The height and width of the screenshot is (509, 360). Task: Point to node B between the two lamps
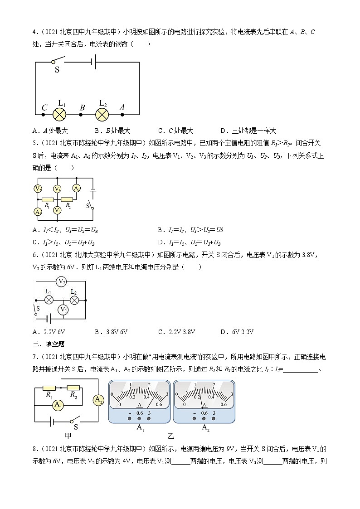click(x=81, y=115)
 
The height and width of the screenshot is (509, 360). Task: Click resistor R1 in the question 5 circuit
click(x=48, y=199)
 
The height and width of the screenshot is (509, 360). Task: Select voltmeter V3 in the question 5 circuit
click(x=57, y=210)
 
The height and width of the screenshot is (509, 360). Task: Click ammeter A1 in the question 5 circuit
click(x=38, y=212)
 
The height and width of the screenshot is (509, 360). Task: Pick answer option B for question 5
click(x=190, y=230)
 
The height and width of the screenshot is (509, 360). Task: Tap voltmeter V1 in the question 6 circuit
click(x=64, y=310)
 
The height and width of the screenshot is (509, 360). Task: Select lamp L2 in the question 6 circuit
click(x=74, y=299)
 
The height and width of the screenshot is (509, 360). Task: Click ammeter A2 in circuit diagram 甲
click(x=98, y=399)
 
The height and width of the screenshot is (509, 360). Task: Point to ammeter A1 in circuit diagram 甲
click(x=58, y=405)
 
